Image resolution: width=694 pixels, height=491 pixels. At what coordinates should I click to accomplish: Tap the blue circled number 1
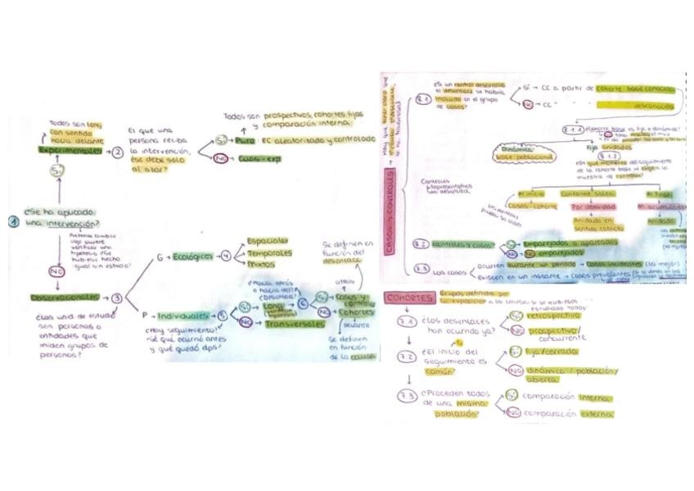click(x=14, y=220)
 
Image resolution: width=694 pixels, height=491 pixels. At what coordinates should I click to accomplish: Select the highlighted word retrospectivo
click(x=556, y=314)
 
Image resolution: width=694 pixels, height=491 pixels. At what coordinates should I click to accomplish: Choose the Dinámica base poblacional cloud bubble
click(x=524, y=152)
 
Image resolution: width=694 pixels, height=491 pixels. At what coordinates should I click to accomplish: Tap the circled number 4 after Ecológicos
click(x=226, y=257)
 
